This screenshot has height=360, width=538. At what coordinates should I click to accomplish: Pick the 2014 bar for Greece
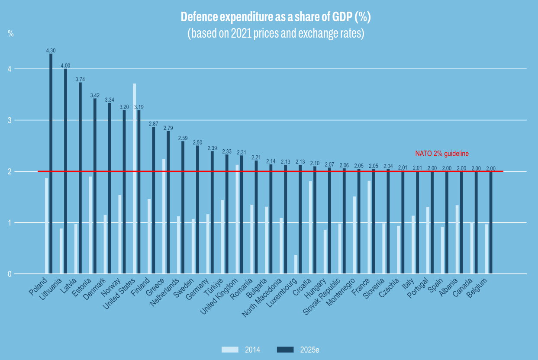coord(164,216)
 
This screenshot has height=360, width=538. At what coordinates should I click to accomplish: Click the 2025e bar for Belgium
coord(491,222)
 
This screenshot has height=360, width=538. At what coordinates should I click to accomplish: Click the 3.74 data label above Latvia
coord(81,79)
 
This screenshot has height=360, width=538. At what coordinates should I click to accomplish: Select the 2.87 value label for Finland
coord(154,124)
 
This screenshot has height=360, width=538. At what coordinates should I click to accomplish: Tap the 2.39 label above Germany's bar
coord(213,148)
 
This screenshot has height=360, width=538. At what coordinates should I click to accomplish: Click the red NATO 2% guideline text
coord(442,154)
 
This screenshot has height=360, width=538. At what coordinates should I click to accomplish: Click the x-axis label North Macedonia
coord(264,299)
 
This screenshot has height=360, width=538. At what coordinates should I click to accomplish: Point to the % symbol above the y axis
coord(11,34)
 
